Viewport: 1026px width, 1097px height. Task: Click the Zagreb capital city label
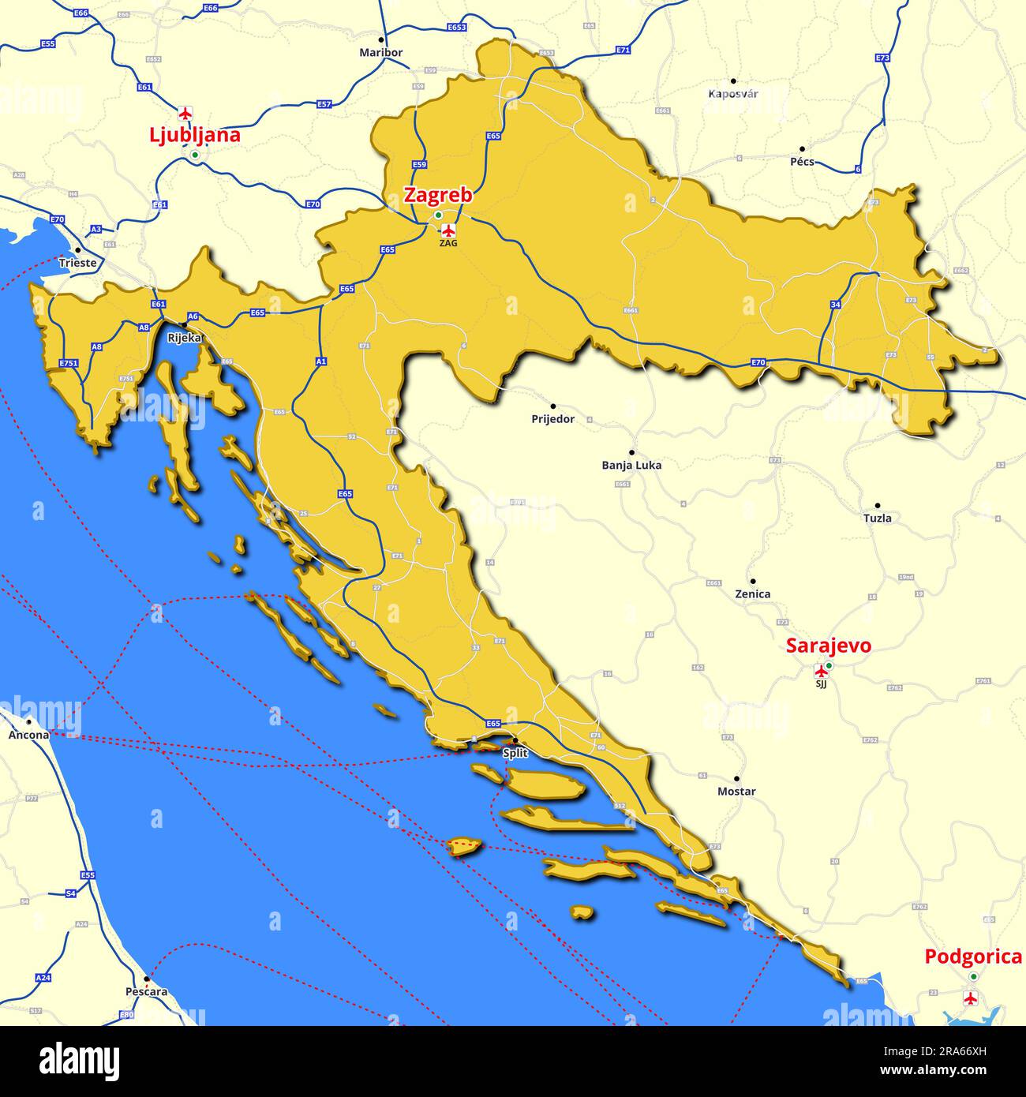[x=438, y=195]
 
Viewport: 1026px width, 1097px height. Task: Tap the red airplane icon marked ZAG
[x=448, y=230]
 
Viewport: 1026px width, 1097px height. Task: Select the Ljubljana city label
[x=194, y=135]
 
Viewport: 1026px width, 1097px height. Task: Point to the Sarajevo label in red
[x=828, y=646]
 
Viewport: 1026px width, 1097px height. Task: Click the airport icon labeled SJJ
[x=821, y=672]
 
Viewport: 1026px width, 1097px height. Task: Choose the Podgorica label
[x=972, y=957]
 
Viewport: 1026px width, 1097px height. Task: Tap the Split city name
[x=515, y=753]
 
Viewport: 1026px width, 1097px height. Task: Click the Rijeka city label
[x=185, y=337]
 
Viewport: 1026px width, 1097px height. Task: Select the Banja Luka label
[x=631, y=465]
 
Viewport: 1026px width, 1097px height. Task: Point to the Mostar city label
[x=736, y=791]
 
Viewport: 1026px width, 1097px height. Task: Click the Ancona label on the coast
[x=28, y=735]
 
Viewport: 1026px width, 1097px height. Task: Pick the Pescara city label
[x=146, y=991]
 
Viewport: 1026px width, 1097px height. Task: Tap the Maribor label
[x=380, y=53]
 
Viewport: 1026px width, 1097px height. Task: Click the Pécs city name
[x=802, y=162]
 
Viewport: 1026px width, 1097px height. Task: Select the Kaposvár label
[x=732, y=94]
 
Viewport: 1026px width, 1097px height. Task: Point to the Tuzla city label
[x=877, y=518]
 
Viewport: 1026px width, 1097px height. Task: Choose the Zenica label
[x=752, y=593]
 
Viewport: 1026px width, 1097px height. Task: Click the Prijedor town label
[x=552, y=419]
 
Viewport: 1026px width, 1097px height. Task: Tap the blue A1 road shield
[x=320, y=361]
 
